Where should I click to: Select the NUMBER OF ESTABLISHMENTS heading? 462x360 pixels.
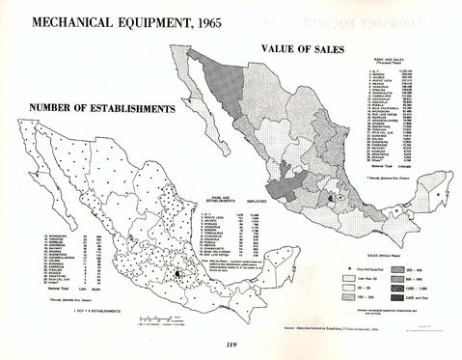92,106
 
